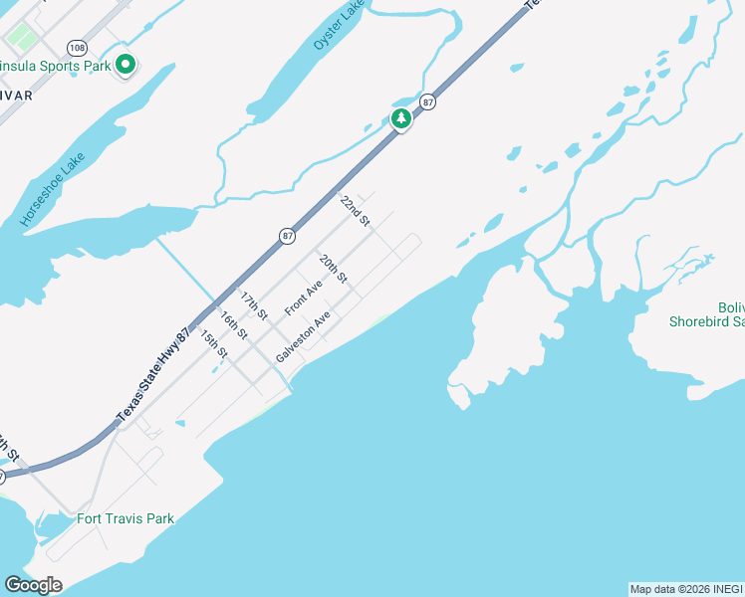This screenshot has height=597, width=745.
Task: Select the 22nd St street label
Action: [355, 211]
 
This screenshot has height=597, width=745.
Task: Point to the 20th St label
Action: [333, 269]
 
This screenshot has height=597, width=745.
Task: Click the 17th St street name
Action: [253, 304]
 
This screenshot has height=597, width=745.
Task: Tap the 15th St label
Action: [213, 344]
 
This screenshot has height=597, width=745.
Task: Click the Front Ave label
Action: [304, 297]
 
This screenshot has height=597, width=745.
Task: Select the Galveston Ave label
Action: [303, 338]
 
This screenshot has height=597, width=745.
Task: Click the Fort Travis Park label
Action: [125, 518]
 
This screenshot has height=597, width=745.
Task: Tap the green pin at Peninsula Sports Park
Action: [125, 66]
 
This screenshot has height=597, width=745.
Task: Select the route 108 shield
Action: [77, 48]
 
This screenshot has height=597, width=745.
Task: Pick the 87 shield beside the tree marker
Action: [427, 101]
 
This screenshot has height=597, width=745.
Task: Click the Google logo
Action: [33, 585]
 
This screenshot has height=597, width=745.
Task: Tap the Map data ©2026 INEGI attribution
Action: [686, 589]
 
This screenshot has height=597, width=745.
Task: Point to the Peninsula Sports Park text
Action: [55, 67]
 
